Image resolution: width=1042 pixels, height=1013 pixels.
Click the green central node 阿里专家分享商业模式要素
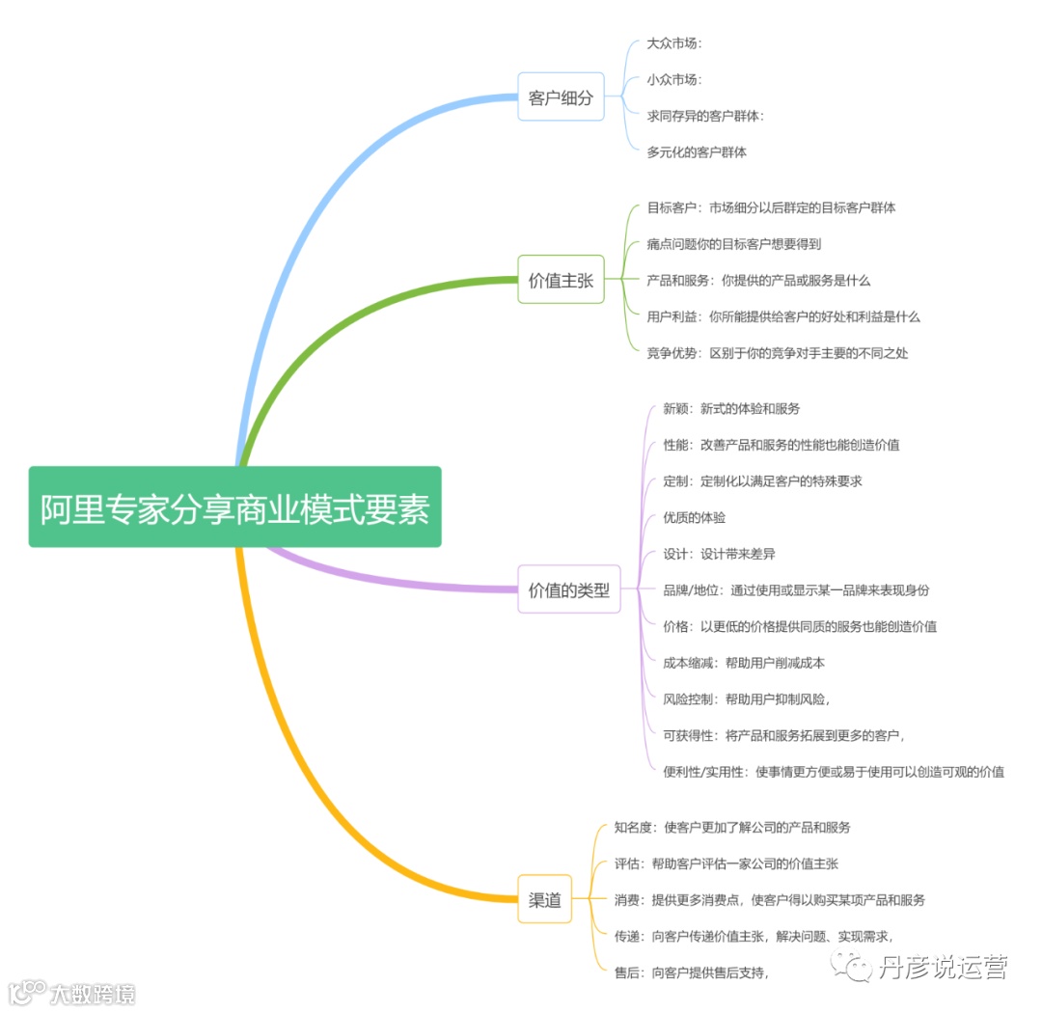point(234,507)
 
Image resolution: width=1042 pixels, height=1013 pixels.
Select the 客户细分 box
point(561,97)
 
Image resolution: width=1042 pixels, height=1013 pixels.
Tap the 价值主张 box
point(561,281)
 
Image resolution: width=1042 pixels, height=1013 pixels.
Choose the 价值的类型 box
point(568,590)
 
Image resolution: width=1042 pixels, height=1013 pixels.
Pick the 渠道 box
point(545,900)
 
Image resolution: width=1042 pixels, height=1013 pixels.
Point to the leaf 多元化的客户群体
point(697,152)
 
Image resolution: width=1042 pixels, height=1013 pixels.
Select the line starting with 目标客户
point(771,208)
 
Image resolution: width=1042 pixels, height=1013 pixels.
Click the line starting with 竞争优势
point(777,353)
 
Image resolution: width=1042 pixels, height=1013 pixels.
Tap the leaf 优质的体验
point(694,518)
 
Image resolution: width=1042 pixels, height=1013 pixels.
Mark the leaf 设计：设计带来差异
point(719,555)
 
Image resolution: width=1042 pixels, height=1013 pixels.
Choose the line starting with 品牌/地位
point(796,590)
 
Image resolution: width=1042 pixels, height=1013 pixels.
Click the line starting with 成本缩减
point(743,663)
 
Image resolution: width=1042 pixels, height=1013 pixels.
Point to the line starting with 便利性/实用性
point(834,772)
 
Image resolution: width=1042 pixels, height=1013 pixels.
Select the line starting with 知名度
point(732,828)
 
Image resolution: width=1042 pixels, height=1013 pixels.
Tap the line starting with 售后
point(692,972)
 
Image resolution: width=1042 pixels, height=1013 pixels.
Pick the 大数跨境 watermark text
point(92,993)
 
